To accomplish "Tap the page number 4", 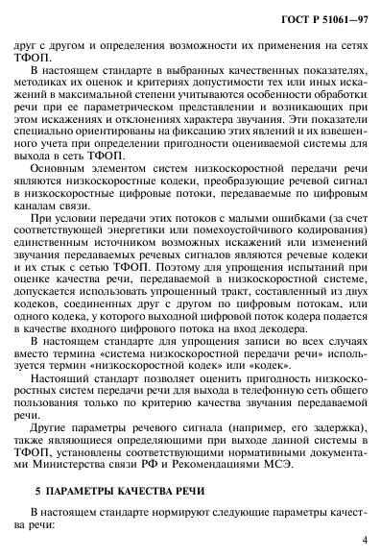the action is pyautogui.click(x=362, y=540).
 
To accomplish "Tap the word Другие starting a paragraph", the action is pyautogui.click(x=60, y=415).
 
